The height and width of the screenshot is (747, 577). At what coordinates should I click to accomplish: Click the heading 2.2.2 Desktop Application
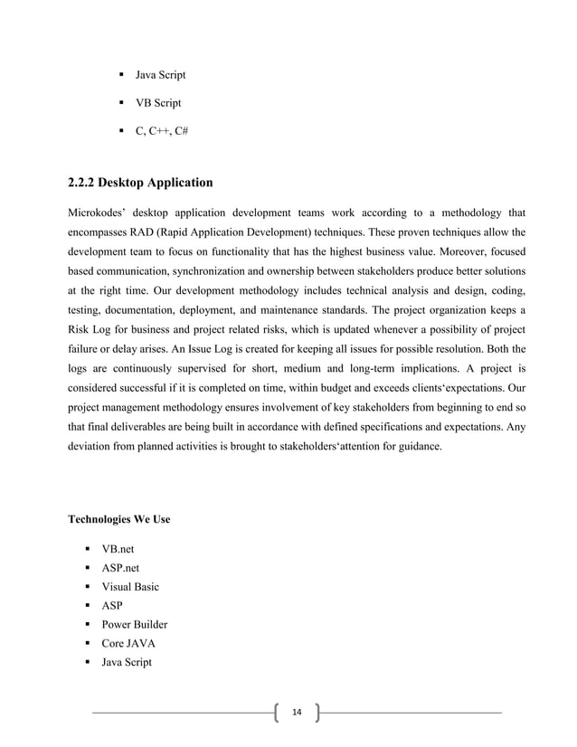(140, 183)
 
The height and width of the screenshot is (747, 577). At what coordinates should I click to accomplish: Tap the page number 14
(296, 714)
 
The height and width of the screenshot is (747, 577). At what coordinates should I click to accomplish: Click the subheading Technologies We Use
(119, 520)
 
